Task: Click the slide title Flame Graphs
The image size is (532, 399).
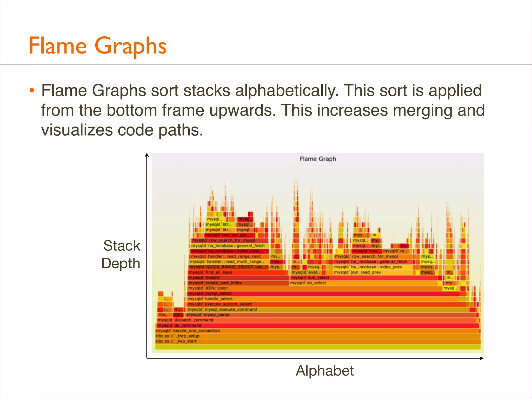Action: click(97, 46)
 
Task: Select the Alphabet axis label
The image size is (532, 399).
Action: click(324, 371)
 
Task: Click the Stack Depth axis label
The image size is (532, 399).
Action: click(121, 254)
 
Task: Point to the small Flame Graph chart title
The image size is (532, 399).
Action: click(317, 159)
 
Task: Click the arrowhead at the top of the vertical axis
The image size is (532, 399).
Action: click(147, 155)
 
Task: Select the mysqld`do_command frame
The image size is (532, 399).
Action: click(179, 325)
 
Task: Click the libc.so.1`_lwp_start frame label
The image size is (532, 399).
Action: click(176, 341)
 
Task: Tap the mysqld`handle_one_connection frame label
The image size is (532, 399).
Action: click(188, 331)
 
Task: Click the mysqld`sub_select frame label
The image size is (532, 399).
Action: click(310, 278)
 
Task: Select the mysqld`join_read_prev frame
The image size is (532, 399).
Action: click(357, 272)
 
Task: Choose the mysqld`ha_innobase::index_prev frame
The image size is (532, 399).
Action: click(368, 267)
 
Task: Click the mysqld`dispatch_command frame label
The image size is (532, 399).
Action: click(185, 320)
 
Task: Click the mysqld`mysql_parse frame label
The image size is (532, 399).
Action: click(208, 315)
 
